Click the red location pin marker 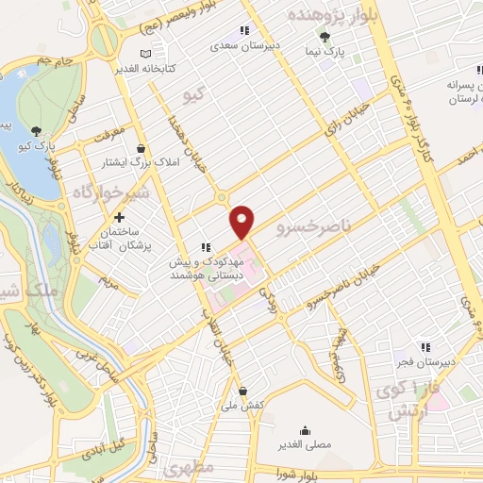tap(243, 221)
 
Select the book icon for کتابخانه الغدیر tap(142, 55)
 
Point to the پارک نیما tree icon tap(325, 36)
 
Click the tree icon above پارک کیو tap(36, 131)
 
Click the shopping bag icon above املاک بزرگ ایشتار tap(142, 148)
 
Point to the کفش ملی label tap(241, 405)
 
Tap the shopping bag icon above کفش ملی tap(243, 390)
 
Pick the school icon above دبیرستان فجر tap(425, 345)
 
